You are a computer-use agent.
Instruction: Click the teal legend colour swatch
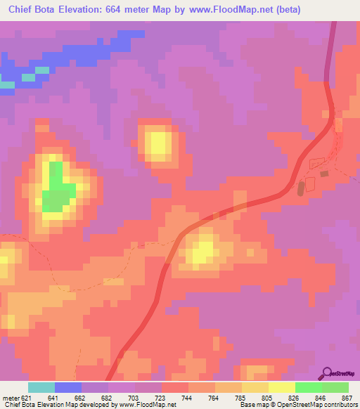point(41,387)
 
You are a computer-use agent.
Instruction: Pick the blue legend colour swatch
point(68,387)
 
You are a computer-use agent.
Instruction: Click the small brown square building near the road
point(324,173)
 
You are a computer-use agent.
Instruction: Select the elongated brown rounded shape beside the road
point(301,188)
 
